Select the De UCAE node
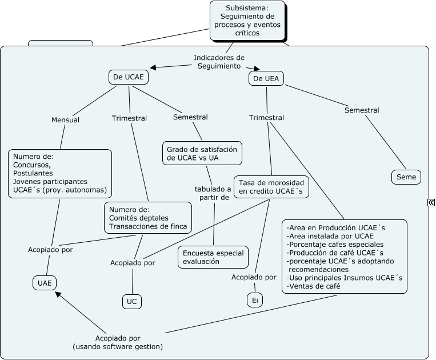129,77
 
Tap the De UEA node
266,78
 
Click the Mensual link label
65,120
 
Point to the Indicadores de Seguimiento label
219,62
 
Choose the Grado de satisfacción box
202,153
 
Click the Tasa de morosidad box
271,186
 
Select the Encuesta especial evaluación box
213,257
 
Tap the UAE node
45,282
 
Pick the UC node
131,301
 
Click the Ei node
255,299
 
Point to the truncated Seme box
406,177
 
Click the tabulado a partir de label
213,193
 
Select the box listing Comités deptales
147,218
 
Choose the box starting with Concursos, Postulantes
59,173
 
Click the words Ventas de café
314,286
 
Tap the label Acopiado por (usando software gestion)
118,342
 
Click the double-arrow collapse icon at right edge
431,202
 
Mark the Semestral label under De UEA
362,110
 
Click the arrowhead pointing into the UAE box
57,295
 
